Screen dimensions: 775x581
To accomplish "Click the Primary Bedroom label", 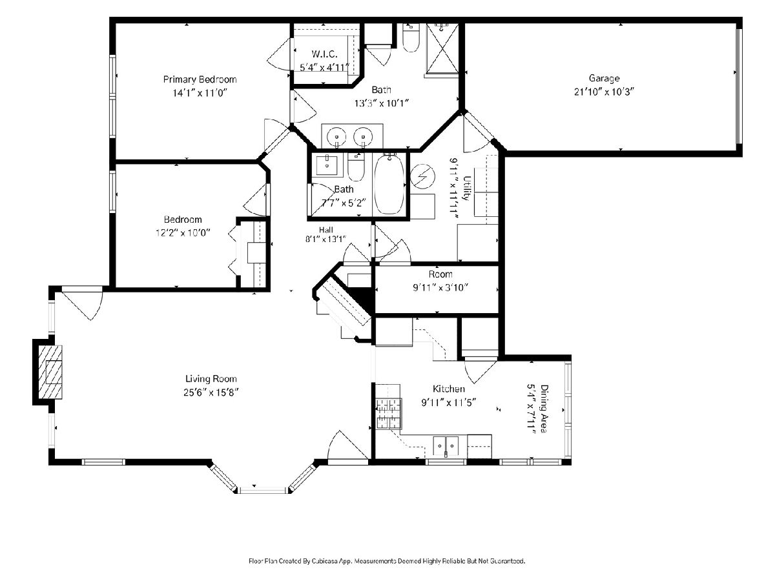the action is [x=200, y=79].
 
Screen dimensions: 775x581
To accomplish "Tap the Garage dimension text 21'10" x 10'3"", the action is [x=604, y=92].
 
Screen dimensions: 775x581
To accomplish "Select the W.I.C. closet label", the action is [x=324, y=54].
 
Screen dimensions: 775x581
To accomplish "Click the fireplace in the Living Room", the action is [x=50, y=372].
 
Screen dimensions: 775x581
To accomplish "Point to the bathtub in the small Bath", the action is [x=389, y=184].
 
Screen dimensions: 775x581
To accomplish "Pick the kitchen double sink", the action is [x=446, y=446].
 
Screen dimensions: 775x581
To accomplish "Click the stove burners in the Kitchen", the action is [x=388, y=414].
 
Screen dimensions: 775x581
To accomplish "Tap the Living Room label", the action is [x=211, y=379].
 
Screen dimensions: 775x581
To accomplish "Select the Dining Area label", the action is [x=544, y=408].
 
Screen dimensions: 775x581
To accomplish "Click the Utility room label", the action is [x=467, y=188].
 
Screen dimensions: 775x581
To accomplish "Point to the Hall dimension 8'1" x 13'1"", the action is [x=325, y=239].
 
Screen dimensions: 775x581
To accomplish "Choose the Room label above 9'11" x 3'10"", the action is [x=440, y=274].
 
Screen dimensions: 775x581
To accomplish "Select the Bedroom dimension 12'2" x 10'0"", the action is [x=183, y=233].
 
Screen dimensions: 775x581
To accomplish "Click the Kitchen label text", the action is [x=449, y=389].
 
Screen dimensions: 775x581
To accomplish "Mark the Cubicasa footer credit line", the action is [x=387, y=561].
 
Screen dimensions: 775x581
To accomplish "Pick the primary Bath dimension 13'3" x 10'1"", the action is [x=381, y=103].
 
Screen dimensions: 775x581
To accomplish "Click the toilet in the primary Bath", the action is [x=411, y=37].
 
